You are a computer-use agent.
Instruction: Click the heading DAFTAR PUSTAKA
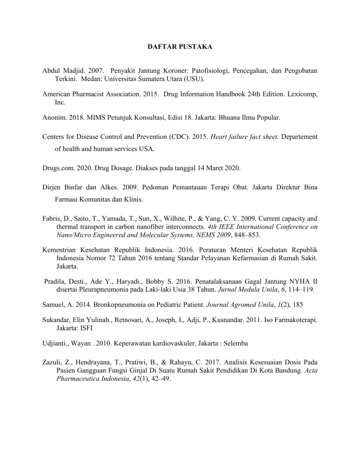180,47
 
